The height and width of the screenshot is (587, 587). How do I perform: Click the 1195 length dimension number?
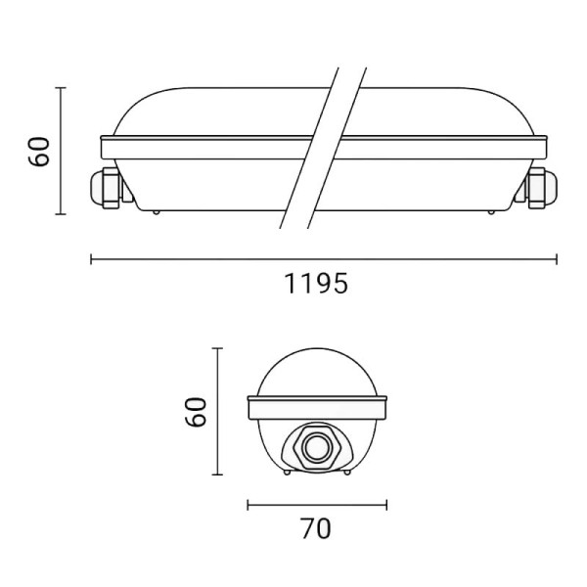pos(316,284)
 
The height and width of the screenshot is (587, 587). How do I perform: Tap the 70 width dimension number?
pos(316,528)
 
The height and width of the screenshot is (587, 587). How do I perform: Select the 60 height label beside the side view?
pos(38,152)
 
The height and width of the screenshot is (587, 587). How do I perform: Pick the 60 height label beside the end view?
pos(196,412)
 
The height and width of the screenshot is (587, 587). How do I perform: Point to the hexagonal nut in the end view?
pos(317,448)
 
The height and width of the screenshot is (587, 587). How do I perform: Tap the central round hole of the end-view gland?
pos(317,448)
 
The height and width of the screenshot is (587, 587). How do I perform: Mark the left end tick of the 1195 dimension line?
pos(91,259)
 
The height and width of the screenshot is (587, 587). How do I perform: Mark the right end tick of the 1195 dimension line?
pos(557,259)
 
